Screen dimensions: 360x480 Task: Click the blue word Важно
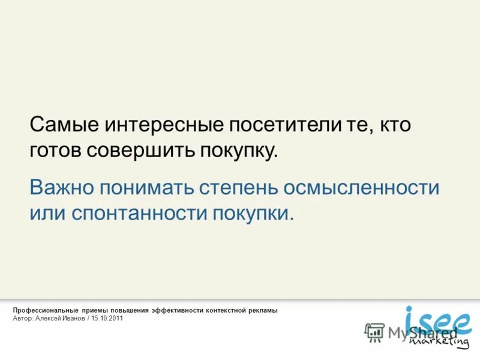coord(61,187)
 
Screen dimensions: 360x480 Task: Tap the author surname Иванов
coord(72,319)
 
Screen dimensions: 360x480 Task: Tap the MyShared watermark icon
coord(374,332)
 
